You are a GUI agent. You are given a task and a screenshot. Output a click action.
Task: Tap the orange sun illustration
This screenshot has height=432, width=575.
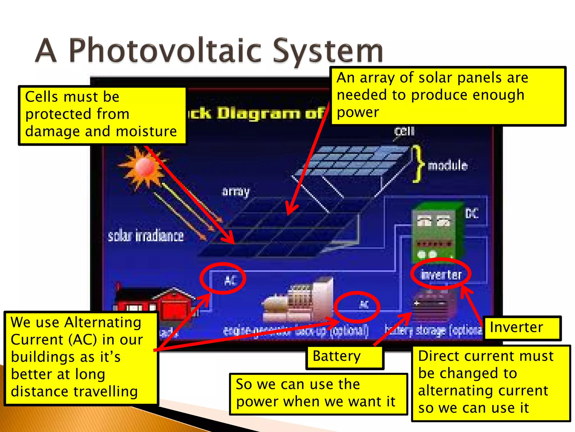point(143,168)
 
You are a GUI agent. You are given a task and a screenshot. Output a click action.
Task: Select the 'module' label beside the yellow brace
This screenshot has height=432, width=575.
point(448,165)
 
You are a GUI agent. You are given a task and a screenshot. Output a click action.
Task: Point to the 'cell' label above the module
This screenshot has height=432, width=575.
point(404,131)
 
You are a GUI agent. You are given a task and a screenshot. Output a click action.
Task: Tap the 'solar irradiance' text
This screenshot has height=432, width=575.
point(146,236)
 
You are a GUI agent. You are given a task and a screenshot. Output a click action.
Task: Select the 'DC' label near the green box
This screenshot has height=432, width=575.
point(472,213)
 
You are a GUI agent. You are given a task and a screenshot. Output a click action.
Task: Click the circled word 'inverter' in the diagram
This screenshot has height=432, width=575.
point(441,274)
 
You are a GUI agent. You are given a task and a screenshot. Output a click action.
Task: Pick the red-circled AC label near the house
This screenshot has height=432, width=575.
point(230,280)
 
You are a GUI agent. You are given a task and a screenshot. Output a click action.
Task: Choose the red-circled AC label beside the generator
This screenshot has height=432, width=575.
point(364,304)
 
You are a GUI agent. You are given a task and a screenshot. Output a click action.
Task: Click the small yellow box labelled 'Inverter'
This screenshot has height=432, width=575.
point(522,328)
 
